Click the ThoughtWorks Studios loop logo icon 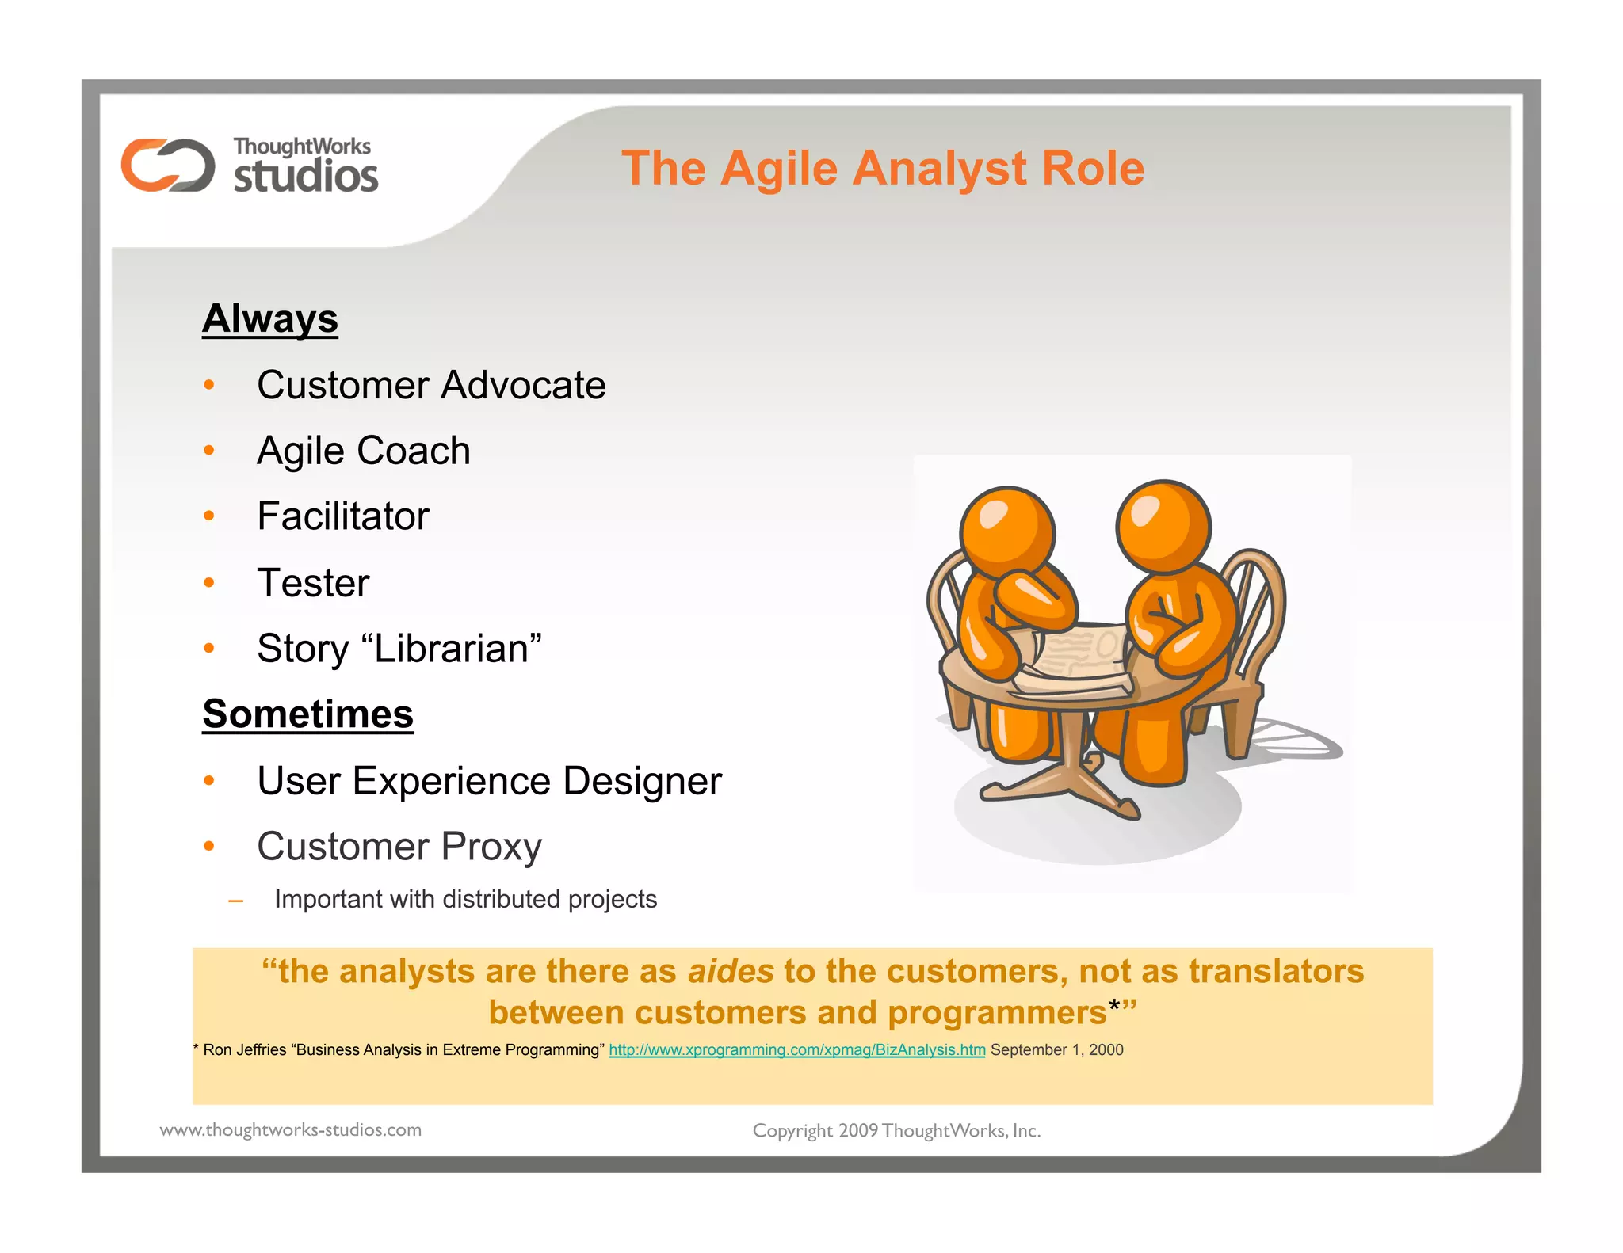[x=168, y=165]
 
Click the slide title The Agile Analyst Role [x=883, y=168]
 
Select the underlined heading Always [x=270, y=318]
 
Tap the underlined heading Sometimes [x=307, y=714]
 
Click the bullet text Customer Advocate [x=431, y=385]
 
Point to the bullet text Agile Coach [x=364, y=451]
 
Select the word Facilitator [x=343, y=516]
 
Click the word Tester [x=313, y=583]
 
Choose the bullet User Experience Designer [x=489, y=781]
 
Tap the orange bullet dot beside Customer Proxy [x=209, y=847]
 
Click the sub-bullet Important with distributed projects [x=465, y=899]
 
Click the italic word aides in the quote [x=730, y=971]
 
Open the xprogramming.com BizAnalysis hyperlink [x=796, y=1049]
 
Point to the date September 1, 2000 [x=1056, y=1049]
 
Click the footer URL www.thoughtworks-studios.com [x=291, y=1129]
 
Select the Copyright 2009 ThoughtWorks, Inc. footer [x=896, y=1130]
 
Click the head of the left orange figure [x=1007, y=531]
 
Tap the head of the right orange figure [x=1163, y=525]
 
